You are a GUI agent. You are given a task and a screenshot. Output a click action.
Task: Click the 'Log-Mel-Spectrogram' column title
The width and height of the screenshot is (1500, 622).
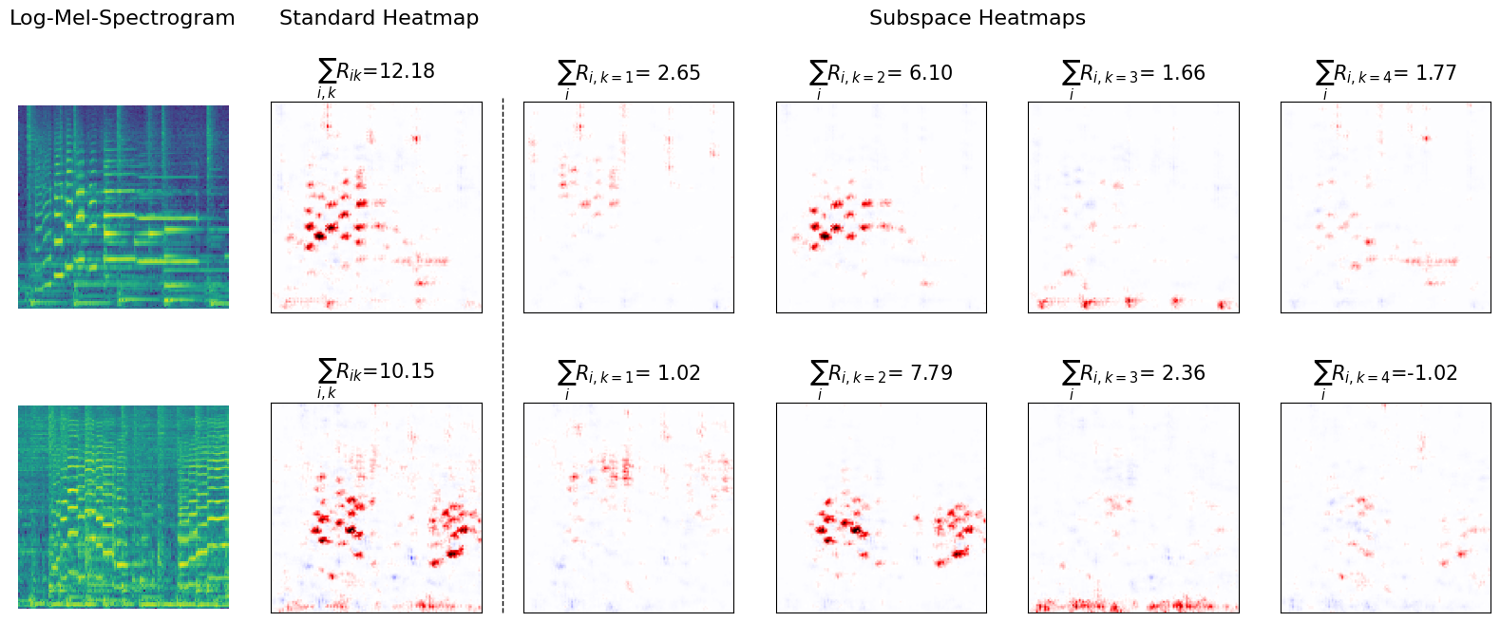coord(122,18)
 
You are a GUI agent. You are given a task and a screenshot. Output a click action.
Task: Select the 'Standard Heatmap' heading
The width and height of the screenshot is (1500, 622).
coord(378,18)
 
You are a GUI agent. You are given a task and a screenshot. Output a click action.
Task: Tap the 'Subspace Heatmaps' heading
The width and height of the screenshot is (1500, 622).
coord(977,18)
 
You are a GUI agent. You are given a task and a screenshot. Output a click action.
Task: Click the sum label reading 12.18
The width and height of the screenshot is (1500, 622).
coord(376,73)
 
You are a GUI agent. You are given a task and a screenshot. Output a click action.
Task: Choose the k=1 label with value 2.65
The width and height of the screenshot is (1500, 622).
coord(629,74)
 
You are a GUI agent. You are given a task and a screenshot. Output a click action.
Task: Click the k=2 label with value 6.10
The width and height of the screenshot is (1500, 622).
coord(881,74)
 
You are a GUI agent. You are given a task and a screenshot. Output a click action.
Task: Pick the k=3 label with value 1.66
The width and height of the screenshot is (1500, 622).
coord(1133,74)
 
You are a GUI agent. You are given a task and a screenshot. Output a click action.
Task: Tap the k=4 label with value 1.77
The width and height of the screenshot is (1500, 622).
coord(1385,74)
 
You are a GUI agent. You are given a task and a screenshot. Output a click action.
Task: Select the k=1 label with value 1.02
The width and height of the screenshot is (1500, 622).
coord(629,374)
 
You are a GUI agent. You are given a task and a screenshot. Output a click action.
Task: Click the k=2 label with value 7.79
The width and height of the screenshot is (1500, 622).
coord(881,374)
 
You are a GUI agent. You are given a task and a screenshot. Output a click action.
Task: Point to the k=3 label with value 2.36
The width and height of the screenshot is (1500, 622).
coord(1133,374)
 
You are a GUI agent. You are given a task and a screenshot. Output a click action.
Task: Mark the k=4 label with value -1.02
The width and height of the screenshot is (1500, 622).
coord(1385,374)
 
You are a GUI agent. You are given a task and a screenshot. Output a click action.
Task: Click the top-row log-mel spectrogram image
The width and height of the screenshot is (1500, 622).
coord(123,206)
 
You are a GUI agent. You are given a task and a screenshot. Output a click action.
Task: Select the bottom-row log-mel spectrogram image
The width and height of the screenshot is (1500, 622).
coord(123,506)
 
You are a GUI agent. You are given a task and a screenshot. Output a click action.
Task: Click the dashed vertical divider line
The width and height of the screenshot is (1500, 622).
coord(503,356)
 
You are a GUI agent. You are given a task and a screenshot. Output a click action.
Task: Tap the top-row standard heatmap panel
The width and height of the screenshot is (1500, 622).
coord(376,206)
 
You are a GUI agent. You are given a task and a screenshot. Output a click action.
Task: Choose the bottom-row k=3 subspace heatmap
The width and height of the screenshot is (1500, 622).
coord(1133,507)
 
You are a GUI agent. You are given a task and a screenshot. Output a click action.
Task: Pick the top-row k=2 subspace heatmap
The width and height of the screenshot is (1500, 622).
coord(881,206)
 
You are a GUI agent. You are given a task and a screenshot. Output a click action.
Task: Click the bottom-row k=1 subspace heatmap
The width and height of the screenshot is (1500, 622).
coord(629,507)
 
